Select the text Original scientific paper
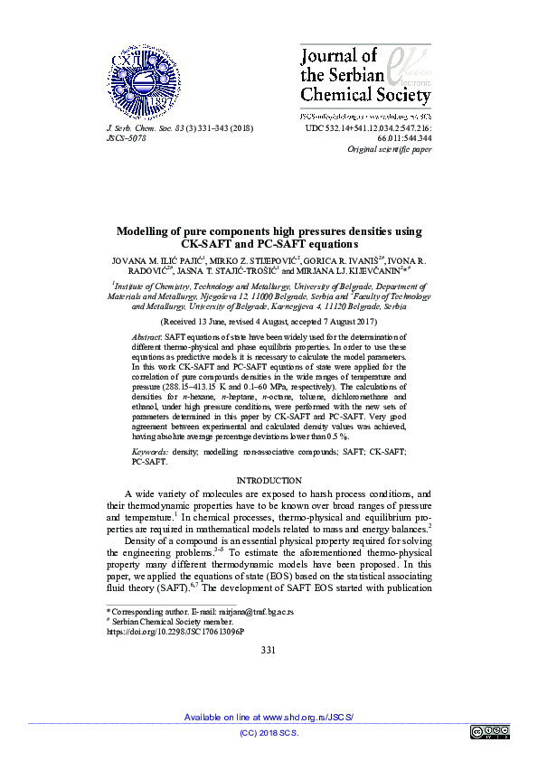point(389,150)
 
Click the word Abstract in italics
point(146,334)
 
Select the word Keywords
point(149,449)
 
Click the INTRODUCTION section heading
point(269,481)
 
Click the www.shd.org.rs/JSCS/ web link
point(307,717)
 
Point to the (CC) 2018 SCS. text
point(268,733)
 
